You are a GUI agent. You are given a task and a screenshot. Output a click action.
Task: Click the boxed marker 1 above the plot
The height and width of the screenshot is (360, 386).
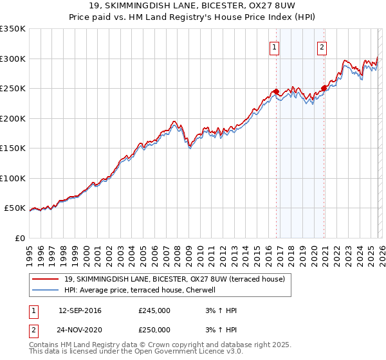tap(275, 46)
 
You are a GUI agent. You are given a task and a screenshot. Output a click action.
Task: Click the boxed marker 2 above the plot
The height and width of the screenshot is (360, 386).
tap(322, 46)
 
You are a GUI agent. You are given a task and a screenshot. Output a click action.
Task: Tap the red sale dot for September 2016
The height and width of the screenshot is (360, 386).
tap(276, 92)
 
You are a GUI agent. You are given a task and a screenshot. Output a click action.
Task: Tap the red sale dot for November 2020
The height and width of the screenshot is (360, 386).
tap(324, 89)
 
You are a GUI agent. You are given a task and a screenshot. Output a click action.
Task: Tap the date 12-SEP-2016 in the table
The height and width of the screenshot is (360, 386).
tap(80, 310)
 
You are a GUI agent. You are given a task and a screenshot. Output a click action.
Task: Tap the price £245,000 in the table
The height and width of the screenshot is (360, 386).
tap(154, 310)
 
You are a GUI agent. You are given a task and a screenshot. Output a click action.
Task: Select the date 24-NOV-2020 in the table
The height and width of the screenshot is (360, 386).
tap(80, 329)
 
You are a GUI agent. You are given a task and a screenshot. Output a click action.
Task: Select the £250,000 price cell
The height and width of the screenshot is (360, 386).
tap(154, 329)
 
